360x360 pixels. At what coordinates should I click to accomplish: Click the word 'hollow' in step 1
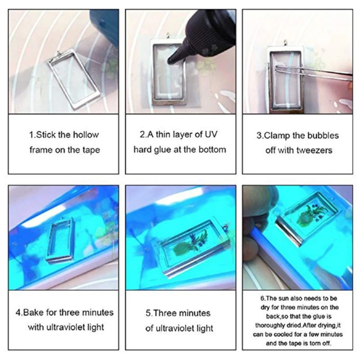tap(85, 135)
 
